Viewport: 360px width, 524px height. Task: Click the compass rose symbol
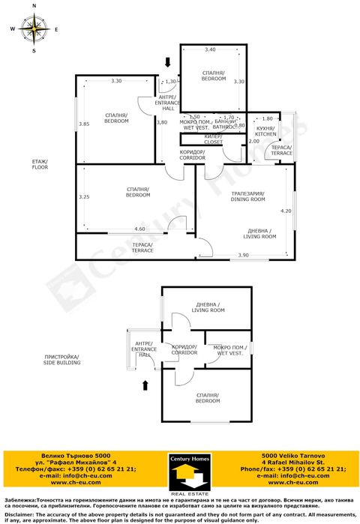pos(34,29)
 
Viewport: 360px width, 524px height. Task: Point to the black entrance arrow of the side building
pos(145,385)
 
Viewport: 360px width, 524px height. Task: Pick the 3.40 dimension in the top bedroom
pos(211,49)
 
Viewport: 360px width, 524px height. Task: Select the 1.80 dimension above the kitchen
pos(267,118)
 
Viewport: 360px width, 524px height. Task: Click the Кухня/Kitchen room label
pos(266,131)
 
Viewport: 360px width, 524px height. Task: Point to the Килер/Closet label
pos(213,139)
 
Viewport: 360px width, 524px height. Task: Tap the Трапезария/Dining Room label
pos(248,196)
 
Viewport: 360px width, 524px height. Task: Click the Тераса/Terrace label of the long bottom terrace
pos(142,247)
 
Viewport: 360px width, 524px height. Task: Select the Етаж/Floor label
pos(40,165)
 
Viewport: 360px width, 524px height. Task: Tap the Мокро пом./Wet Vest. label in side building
pos(227,349)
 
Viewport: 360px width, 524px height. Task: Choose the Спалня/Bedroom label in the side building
pos(207,397)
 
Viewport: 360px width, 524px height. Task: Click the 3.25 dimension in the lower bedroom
pos(84,197)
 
